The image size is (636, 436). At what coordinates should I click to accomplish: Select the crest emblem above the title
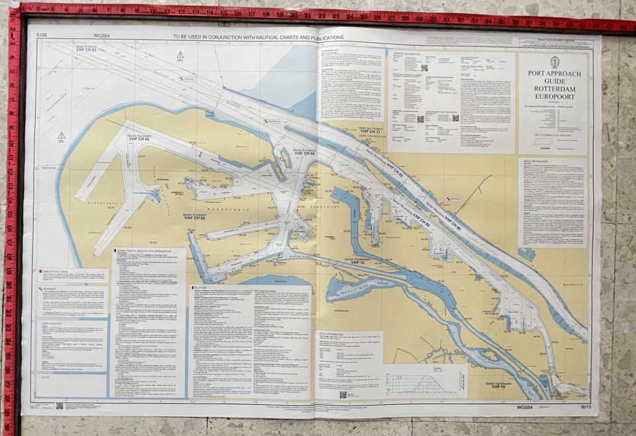(x=555, y=62)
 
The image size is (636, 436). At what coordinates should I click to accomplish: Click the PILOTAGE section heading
(x=200, y=288)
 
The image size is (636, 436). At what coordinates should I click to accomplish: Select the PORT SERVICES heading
(x=50, y=324)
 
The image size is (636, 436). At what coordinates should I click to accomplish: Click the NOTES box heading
(x=46, y=376)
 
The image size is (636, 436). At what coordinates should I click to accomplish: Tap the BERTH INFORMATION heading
(x=537, y=161)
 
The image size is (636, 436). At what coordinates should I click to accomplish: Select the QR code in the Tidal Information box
(x=343, y=394)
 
